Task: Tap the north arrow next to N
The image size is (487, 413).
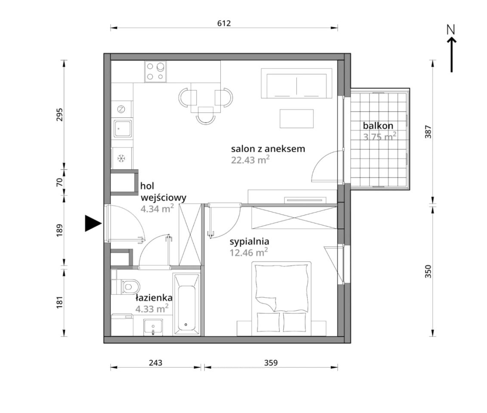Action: pos(452,55)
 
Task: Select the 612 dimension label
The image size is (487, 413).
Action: pos(224,23)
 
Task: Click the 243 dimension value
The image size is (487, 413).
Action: pos(155,363)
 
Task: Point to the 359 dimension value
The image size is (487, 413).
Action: pos(271,363)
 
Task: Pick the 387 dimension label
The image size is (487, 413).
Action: pos(428,132)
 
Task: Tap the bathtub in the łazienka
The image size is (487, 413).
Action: pos(186,304)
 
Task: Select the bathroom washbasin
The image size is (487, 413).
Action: pos(153,327)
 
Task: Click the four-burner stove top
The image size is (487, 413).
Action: pos(156,71)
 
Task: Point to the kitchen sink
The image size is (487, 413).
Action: pos(122,129)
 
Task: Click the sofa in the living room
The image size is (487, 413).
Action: pos(296,83)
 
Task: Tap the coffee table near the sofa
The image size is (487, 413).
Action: pos(296,118)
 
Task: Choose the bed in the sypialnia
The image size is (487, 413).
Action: pos(281,299)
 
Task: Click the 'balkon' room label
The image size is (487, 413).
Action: pos(378,126)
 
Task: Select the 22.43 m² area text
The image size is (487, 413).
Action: pos(250,160)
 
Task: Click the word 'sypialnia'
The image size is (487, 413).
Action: pos(250,242)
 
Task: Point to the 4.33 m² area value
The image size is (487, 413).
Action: pos(152,308)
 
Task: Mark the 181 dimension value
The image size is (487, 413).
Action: pos(60,302)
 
